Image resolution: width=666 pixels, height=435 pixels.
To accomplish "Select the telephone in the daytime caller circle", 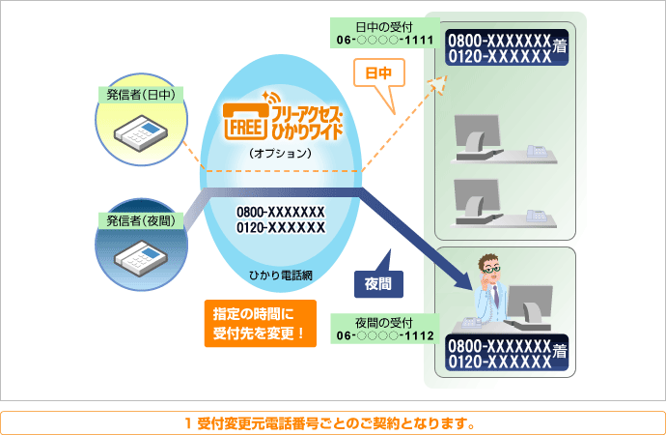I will pos(139,130).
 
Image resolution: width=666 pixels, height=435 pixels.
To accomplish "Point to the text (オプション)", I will pos(280,154).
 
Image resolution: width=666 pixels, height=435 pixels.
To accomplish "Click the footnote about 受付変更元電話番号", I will pos(332,422).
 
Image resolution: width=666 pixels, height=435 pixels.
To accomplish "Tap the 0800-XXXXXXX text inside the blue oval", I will pos(280,212).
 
